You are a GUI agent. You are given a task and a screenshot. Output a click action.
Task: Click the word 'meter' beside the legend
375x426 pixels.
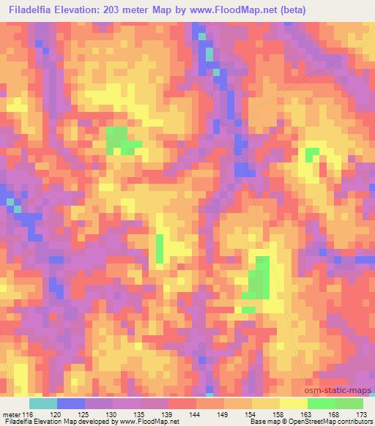pos(12,414)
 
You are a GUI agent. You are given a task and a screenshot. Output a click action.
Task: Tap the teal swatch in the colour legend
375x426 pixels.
pos(43,403)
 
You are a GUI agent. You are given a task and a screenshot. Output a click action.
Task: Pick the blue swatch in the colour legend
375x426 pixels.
pos(71,403)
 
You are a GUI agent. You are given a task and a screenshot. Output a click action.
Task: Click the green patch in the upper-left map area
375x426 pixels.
pos(119,140)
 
